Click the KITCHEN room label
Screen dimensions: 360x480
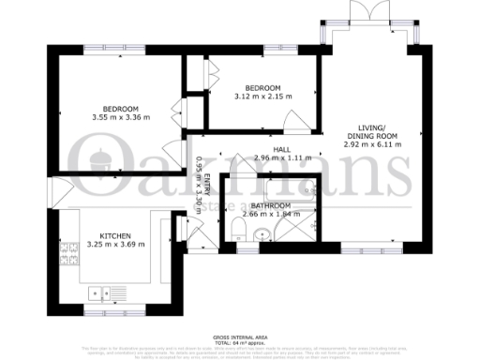tap(116, 235)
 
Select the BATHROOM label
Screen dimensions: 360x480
tap(266, 205)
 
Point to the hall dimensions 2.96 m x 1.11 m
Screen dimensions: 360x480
tap(281, 158)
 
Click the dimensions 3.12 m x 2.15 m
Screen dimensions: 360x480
tap(262, 95)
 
